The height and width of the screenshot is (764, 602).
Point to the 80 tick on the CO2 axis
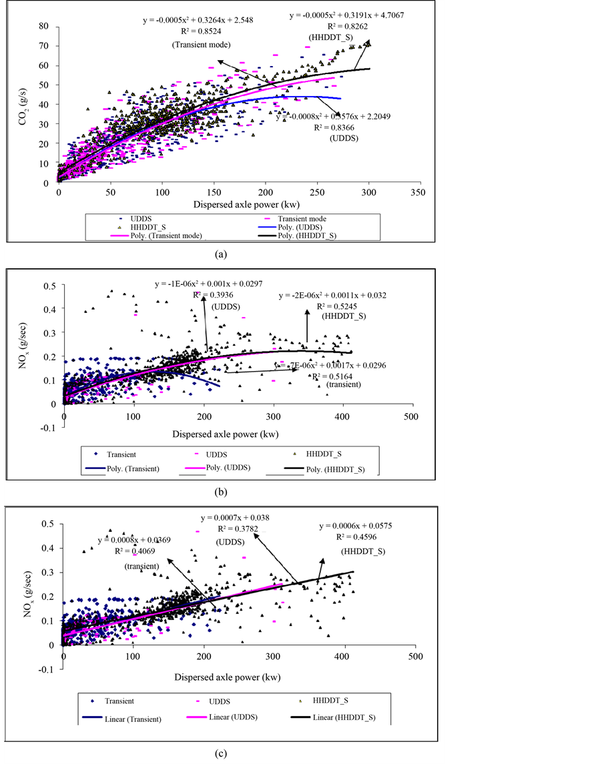pos(44,26)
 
